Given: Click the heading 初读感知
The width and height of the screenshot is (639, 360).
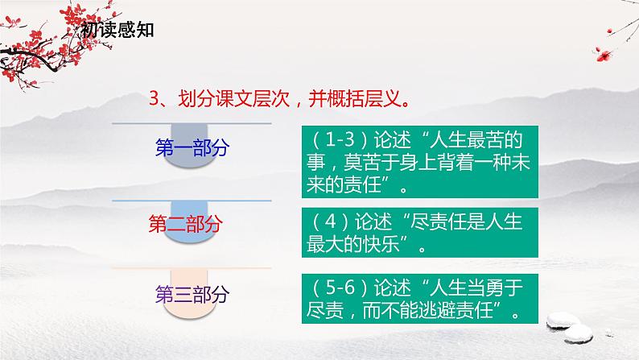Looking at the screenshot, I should [117, 31].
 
